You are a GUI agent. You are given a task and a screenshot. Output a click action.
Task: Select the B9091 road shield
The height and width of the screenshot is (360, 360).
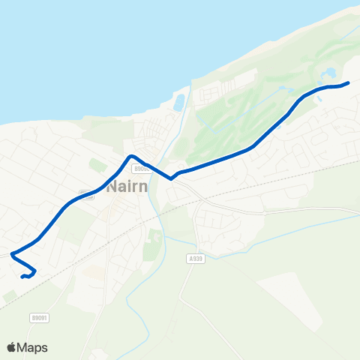pos(40,318)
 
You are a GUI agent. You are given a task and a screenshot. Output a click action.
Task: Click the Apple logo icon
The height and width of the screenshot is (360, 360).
pos(11,347)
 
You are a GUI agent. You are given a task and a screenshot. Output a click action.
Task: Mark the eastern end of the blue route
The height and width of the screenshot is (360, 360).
pos(349,83)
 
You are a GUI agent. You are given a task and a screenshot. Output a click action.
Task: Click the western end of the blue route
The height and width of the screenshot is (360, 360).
pos(22,276)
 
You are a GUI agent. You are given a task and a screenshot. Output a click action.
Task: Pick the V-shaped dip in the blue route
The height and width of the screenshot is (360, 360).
pos(172,178)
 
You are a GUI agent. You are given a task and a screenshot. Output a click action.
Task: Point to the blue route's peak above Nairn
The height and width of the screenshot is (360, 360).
pos(131,156)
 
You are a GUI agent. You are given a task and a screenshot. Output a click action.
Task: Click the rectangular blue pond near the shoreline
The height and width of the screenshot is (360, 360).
pos(178,102)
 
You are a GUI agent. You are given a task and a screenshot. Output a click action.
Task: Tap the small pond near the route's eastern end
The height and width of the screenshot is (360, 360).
pos(329,74)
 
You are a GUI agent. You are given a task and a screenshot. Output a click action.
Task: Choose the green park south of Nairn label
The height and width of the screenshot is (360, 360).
pos(153,244)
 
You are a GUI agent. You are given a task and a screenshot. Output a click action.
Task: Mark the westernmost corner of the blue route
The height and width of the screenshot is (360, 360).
pos(12,255)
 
